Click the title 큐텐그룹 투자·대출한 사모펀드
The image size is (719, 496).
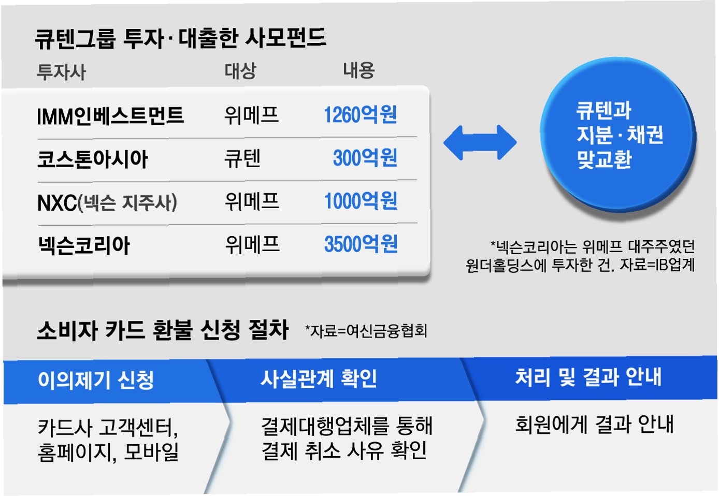pos(180,38)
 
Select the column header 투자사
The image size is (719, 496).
pos(61,71)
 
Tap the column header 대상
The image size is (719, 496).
pos(240,70)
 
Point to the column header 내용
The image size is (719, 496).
pos(358,70)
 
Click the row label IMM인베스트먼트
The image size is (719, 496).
pos(110,116)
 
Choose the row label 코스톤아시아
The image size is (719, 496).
pos(93,159)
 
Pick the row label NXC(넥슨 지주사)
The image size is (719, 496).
pos(107,202)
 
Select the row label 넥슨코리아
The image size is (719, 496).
pos(84,245)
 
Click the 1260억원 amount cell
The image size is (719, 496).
pos(360,115)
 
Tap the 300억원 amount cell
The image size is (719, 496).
pos(365,158)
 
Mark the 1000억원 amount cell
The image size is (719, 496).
pos(361,201)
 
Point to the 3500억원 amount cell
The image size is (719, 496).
pos(361,244)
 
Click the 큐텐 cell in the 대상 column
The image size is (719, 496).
pos(242,158)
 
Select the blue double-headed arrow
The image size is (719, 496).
pos(480,142)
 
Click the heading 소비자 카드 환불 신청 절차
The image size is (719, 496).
pos(163,330)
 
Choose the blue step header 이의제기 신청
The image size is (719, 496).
pos(96,381)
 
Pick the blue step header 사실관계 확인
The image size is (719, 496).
pos(319,379)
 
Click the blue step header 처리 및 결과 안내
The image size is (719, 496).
pos(588,377)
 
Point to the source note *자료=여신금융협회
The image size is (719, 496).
pos(366,331)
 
